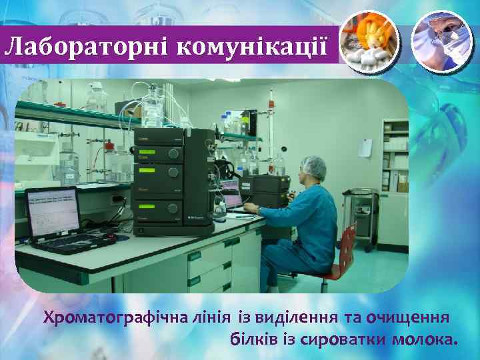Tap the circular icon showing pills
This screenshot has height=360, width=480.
coord(369,41)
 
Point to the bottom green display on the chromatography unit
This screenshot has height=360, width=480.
coord(158,209)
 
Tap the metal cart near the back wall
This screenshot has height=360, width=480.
coord(363,213)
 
